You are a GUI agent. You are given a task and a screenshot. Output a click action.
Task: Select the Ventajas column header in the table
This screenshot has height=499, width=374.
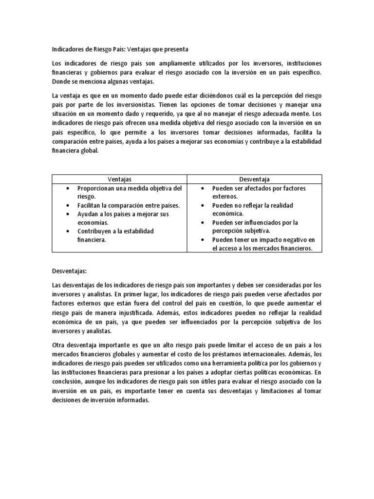coord(119,179)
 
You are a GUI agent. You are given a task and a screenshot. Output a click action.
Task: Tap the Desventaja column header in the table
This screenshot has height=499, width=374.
coord(254,179)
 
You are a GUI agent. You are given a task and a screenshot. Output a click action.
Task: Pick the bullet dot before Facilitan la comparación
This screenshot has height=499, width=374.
coord(67,206)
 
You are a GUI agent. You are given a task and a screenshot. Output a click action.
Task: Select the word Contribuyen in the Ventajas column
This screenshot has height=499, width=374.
coord(95,231)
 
